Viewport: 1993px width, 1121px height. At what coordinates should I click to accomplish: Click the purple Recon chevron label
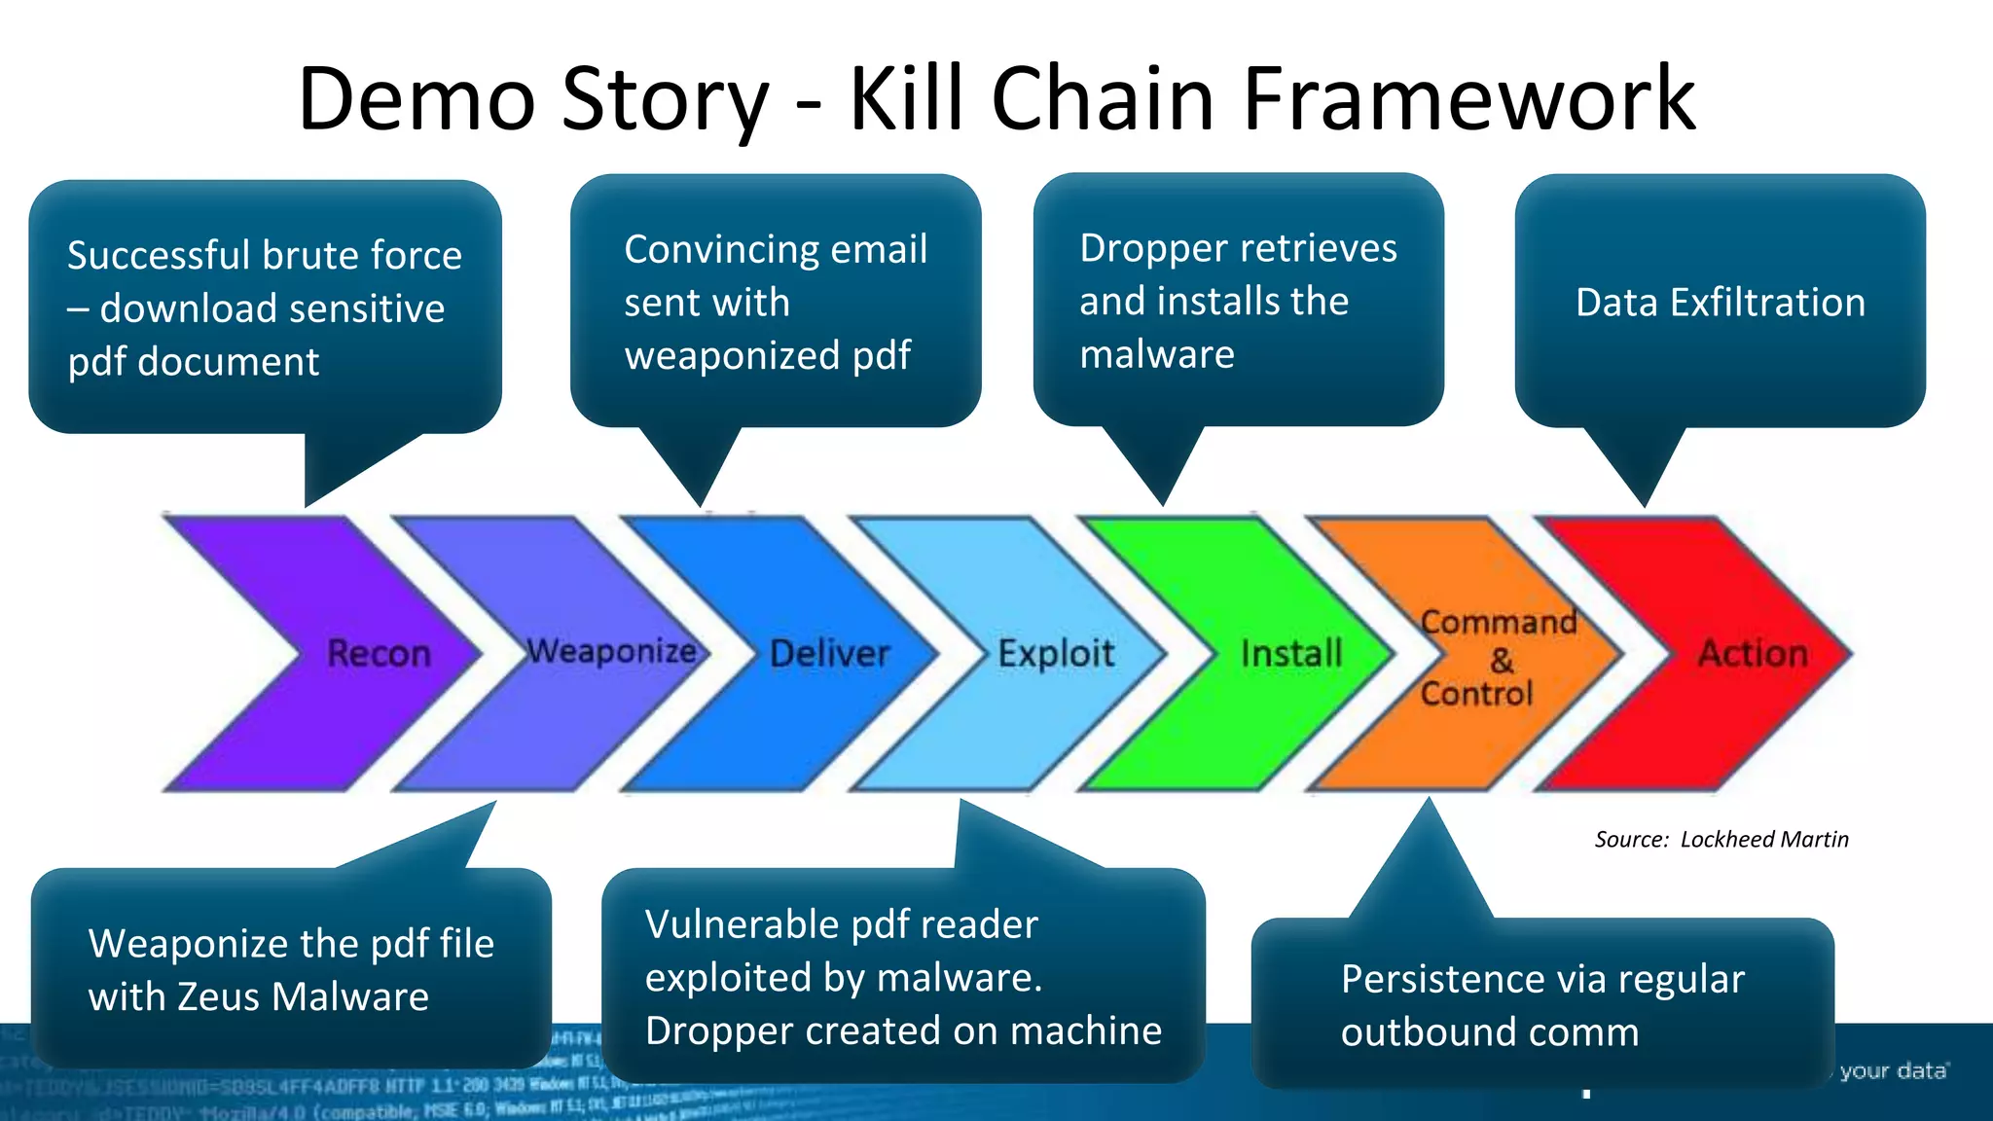[x=379, y=653]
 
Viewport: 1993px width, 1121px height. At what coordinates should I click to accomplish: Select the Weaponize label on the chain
[x=611, y=650]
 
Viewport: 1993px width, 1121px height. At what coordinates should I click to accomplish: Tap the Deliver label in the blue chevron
[x=829, y=653]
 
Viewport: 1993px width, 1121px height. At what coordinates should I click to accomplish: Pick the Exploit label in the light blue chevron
[x=1056, y=653]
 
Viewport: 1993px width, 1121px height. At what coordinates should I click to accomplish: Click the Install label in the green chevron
[x=1291, y=653]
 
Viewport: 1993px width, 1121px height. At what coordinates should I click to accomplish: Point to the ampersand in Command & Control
[x=1502, y=661]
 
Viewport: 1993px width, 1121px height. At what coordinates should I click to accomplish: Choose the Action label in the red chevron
[x=1753, y=653]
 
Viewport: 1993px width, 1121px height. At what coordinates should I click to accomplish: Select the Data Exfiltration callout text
[x=1720, y=303]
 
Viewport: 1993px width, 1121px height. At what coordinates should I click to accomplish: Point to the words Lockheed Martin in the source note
[x=1763, y=839]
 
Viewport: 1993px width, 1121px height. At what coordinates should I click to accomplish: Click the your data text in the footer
[x=1893, y=1070]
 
